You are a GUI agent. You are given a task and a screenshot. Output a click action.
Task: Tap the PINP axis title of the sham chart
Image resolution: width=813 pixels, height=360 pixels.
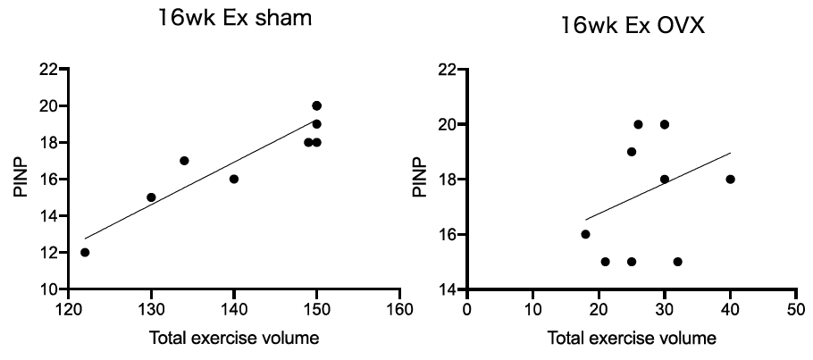point(17,179)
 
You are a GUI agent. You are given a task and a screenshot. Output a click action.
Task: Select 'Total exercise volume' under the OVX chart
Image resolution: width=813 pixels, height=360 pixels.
point(631,339)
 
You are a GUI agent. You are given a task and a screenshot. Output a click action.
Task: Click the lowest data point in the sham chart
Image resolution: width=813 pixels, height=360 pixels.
point(85,252)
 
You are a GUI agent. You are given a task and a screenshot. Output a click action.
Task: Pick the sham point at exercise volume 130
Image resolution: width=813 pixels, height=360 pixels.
point(151,197)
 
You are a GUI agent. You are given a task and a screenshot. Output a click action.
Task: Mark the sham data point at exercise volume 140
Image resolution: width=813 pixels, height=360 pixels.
point(234,179)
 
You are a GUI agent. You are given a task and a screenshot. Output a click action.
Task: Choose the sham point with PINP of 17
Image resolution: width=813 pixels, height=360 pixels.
point(184,161)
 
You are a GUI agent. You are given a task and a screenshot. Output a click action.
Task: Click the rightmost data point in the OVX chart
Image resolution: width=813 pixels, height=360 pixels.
point(730,179)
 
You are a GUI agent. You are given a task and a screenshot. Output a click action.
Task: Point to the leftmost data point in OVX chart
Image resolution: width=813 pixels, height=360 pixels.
point(585,234)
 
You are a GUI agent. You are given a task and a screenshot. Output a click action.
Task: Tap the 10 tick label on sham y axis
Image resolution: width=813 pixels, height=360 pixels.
point(49,289)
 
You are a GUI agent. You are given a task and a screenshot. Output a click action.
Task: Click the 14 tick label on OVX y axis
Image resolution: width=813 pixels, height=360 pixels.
point(447,289)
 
